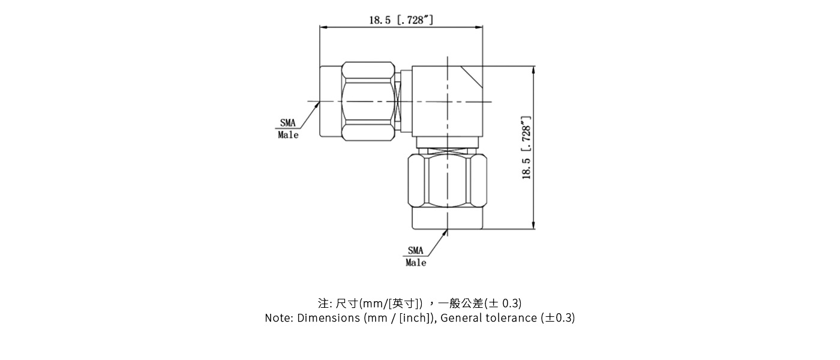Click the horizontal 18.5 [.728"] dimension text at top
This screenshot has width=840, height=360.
pyautogui.click(x=401, y=20)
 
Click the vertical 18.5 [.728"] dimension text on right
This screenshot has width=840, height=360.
pyautogui.click(x=527, y=148)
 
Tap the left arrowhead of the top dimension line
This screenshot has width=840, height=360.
pyautogui.click(x=323, y=28)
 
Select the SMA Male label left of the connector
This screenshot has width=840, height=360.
pyautogui.click(x=288, y=129)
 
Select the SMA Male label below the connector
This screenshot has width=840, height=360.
pyautogui.click(x=416, y=256)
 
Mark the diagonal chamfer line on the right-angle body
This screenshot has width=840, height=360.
pyautogui.click(x=472, y=76)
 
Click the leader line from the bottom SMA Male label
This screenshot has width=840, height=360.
pyautogui.click(x=436, y=244)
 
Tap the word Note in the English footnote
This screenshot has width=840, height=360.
pyautogui.click(x=278, y=318)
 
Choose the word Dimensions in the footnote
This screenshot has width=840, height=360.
pyautogui.click(x=329, y=318)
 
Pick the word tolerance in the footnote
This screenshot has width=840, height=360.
pyautogui.click(x=512, y=318)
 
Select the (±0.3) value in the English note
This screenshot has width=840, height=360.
pyautogui.click(x=558, y=318)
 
